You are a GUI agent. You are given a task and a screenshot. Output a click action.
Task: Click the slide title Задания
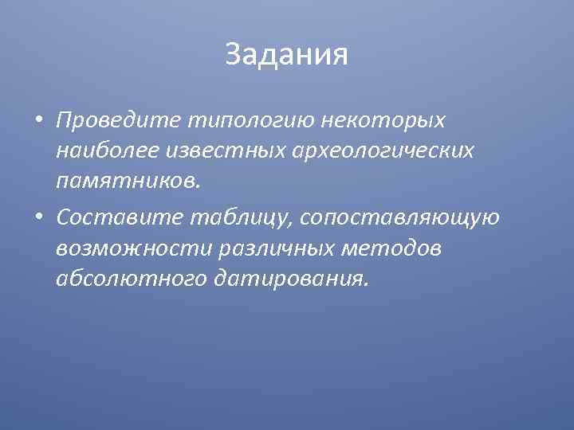pos(287,54)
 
